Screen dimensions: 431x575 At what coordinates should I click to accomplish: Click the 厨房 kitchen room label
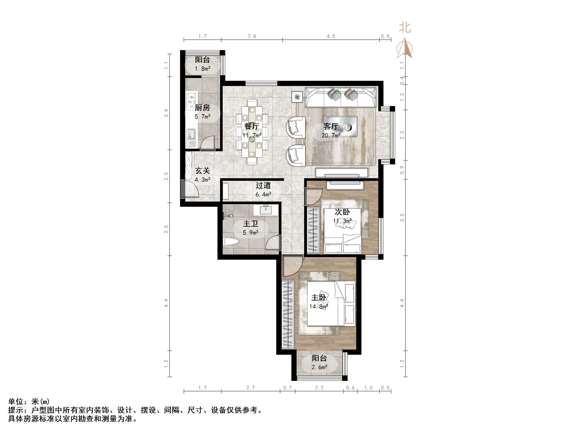coord(202,107)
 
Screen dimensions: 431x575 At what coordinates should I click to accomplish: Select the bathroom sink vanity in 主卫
coord(266,210)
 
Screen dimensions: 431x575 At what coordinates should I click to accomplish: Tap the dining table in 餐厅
coord(252,132)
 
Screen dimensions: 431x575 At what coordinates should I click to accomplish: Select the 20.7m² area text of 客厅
coord(331,135)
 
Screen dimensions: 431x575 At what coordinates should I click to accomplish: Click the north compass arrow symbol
coord(404,48)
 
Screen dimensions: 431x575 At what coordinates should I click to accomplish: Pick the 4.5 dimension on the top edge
coord(331,36)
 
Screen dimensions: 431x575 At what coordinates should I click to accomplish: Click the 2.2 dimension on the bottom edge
coord(319,388)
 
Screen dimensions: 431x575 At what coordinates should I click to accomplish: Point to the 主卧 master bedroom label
coord(318,297)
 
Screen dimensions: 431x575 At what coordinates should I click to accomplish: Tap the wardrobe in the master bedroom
coord(288,314)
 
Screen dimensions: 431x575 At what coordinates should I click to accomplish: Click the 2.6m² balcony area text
coord(319,367)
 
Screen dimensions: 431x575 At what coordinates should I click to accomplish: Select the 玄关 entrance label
coord(203,171)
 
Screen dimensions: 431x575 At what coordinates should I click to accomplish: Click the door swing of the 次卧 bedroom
coord(313,197)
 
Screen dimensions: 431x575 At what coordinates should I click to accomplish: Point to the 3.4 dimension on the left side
coord(166,113)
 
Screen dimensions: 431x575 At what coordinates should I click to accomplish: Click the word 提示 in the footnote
coord(16,410)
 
